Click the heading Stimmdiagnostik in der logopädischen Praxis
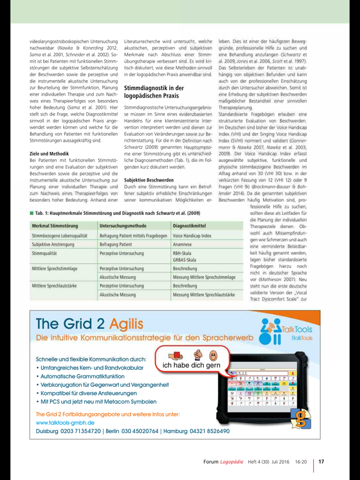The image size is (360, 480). coord(154,93)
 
